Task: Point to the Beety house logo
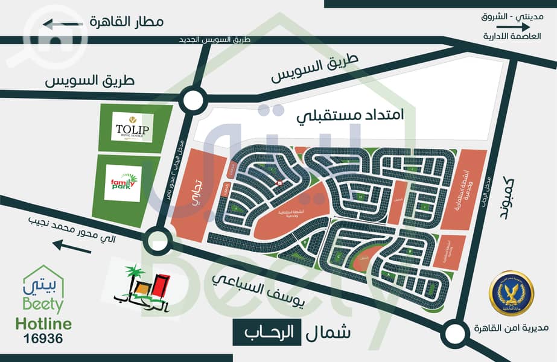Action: (42, 290)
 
